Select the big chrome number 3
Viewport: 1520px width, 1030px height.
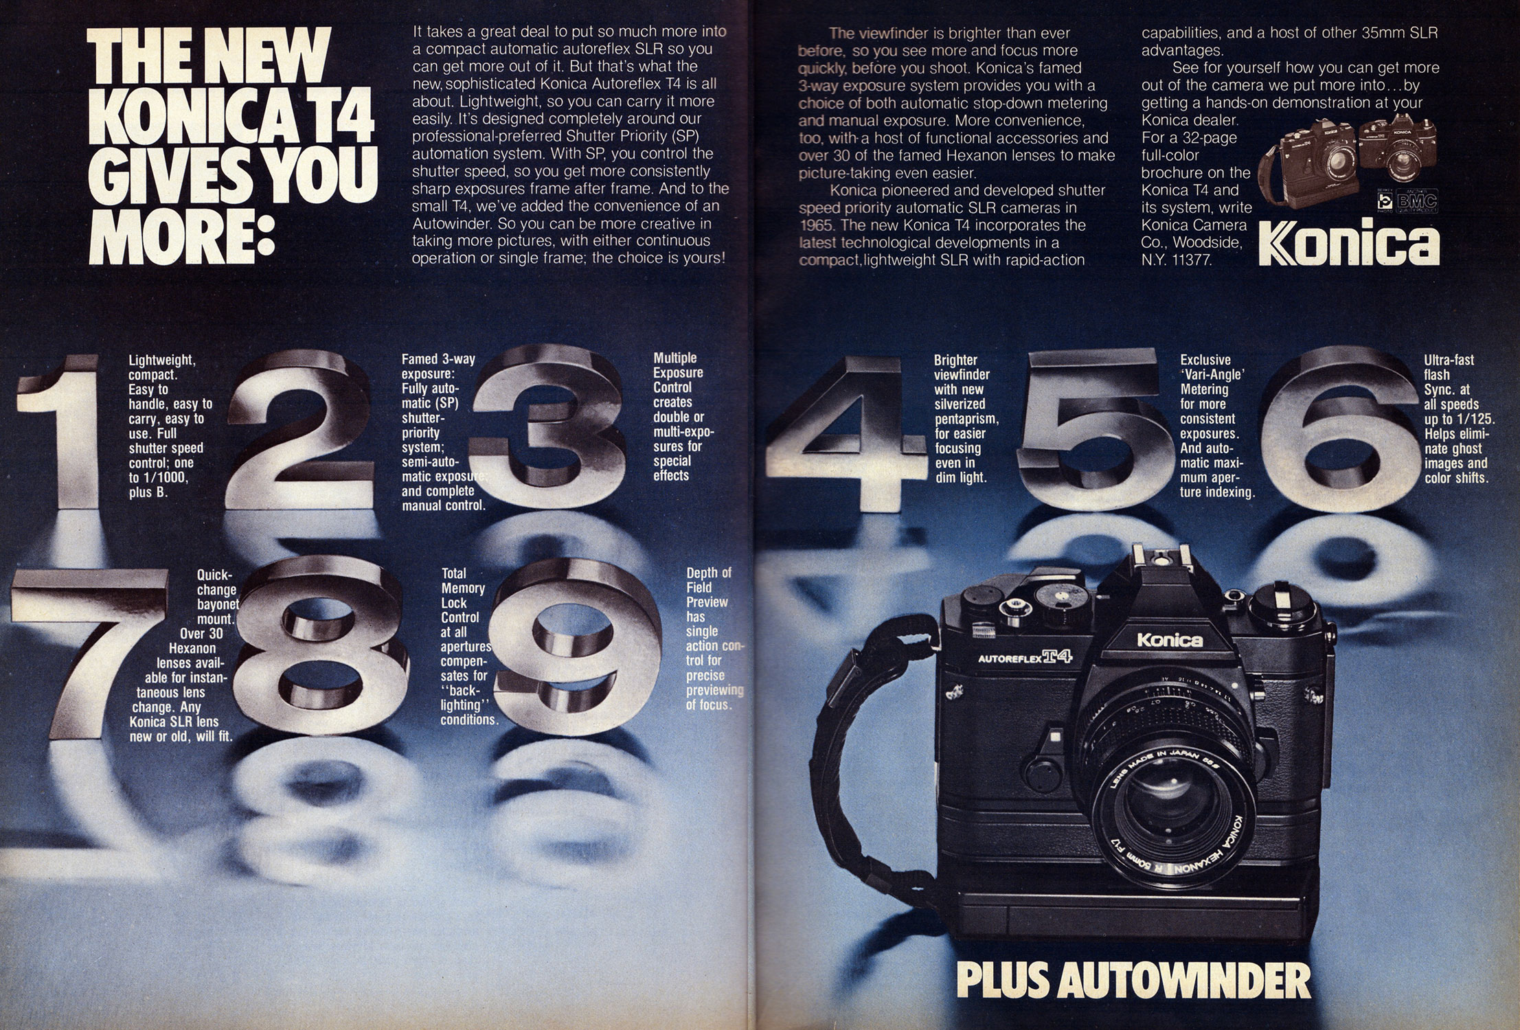549,426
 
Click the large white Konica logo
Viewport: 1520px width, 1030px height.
1349,243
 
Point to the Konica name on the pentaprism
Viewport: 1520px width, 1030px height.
1170,640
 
